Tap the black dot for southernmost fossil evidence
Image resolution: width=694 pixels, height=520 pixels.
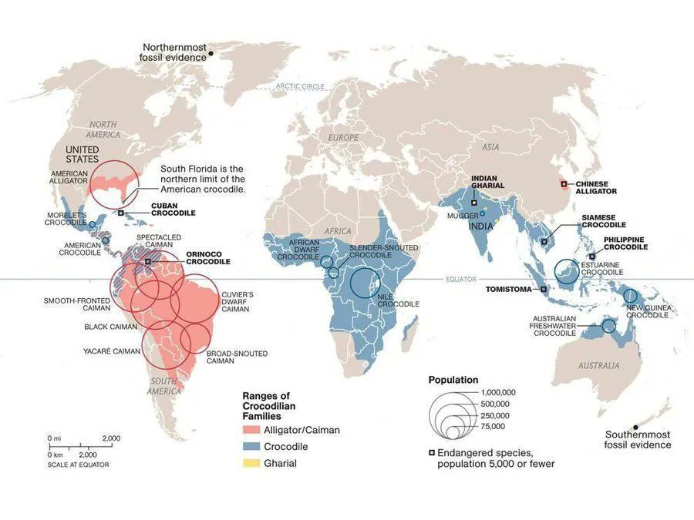click(x=636, y=427)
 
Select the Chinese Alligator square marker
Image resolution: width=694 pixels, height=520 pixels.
click(x=564, y=183)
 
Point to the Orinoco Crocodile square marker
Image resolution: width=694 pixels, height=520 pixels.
click(x=149, y=262)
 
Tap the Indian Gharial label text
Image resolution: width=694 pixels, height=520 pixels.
click(x=487, y=182)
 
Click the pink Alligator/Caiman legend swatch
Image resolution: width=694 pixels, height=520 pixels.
click(x=251, y=430)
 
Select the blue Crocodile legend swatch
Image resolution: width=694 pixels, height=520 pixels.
click(x=251, y=447)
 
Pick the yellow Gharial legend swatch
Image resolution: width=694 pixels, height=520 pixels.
click(x=251, y=463)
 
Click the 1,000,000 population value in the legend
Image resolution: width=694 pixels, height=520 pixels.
click(x=497, y=392)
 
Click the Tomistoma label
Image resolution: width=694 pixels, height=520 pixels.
click(x=509, y=290)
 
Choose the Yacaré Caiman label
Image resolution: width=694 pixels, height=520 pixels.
click(x=112, y=351)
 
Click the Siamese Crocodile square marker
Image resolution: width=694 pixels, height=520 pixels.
click(x=544, y=241)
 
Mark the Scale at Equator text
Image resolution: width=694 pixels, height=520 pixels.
click(x=78, y=465)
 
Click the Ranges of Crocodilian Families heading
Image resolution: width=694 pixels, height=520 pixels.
click(x=269, y=405)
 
